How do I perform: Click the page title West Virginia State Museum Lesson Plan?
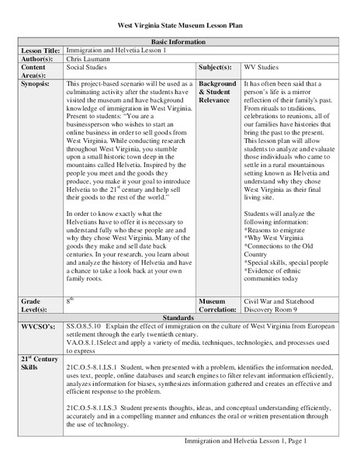[x=179, y=26]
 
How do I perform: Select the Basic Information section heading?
[x=179, y=41]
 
